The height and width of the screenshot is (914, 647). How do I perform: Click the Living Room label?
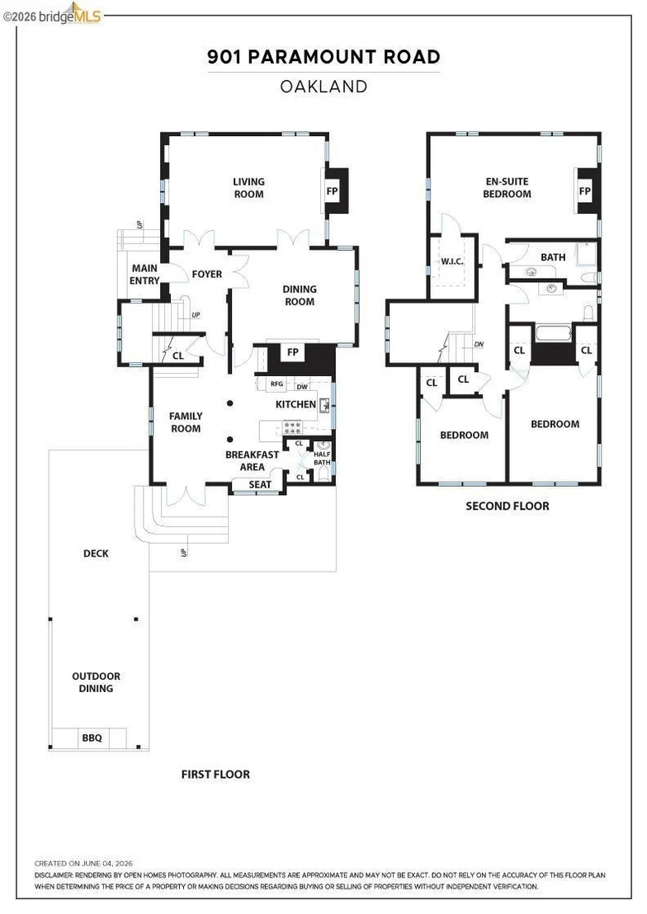click(x=248, y=188)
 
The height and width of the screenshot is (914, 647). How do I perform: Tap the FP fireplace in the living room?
click(x=332, y=191)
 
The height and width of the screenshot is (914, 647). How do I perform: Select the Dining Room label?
click(x=300, y=295)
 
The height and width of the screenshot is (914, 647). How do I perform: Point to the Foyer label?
click(x=207, y=274)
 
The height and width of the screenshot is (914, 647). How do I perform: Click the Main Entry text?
click(x=144, y=274)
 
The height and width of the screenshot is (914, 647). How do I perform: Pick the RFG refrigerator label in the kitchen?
click(x=276, y=384)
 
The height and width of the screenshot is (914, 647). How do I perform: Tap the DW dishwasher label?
click(x=302, y=386)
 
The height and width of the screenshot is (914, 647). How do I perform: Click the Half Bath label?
click(x=322, y=458)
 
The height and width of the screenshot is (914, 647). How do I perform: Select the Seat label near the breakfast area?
click(x=260, y=484)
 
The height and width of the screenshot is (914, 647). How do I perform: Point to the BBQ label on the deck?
click(x=92, y=737)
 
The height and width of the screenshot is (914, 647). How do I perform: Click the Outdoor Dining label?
click(x=97, y=682)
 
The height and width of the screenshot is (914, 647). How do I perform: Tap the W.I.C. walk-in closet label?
click(x=452, y=261)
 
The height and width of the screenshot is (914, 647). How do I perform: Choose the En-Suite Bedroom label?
click(x=507, y=188)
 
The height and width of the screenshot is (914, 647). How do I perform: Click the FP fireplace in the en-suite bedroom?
click(x=584, y=191)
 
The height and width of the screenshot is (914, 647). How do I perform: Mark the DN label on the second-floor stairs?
click(x=479, y=345)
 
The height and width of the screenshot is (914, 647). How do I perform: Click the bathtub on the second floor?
click(x=554, y=334)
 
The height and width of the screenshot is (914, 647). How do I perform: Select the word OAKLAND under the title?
click(x=323, y=87)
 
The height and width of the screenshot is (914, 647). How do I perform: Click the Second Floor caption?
click(x=508, y=506)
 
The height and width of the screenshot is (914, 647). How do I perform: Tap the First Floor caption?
click(x=215, y=774)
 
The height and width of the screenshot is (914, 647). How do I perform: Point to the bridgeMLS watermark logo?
click(x=53, y=15)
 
